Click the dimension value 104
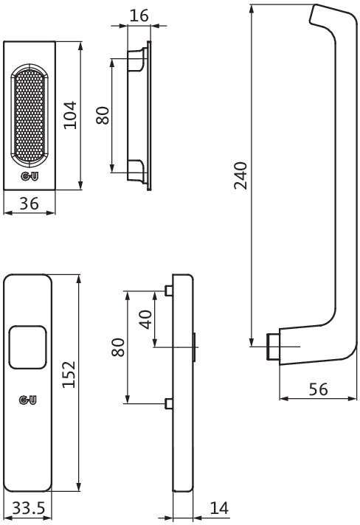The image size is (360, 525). (70, 115)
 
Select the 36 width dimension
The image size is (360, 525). (29, 204)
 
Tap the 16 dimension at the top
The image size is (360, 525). (139, 15)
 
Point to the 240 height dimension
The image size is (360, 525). (240, 175)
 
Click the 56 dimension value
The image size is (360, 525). (318, 389)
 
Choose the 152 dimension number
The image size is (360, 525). (69, 375)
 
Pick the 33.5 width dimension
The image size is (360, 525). (29, 509)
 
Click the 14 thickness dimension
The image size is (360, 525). (219, 508)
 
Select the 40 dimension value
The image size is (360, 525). (145, 319)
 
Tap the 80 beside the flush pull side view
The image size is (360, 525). (103, 116)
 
